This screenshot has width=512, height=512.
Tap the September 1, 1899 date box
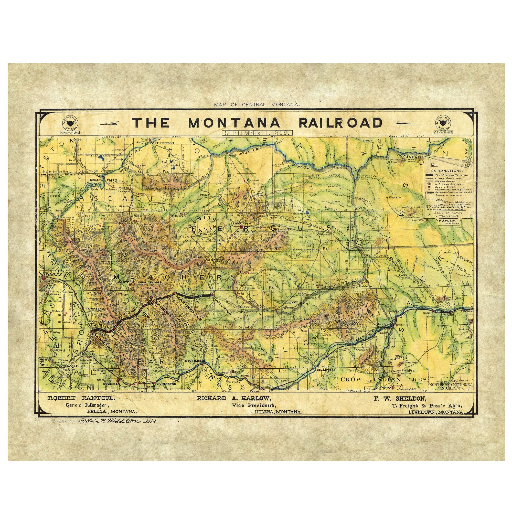(257, 133)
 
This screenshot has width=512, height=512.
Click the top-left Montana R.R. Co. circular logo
(70, 123)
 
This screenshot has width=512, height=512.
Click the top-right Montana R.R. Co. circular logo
(443, 123)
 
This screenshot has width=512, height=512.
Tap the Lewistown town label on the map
(239, 223)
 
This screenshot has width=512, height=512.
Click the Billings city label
(324, 369)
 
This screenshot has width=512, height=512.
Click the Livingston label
(166, 384)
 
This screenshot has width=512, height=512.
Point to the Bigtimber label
(194, 361)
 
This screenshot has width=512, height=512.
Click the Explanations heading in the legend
(446, 171)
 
